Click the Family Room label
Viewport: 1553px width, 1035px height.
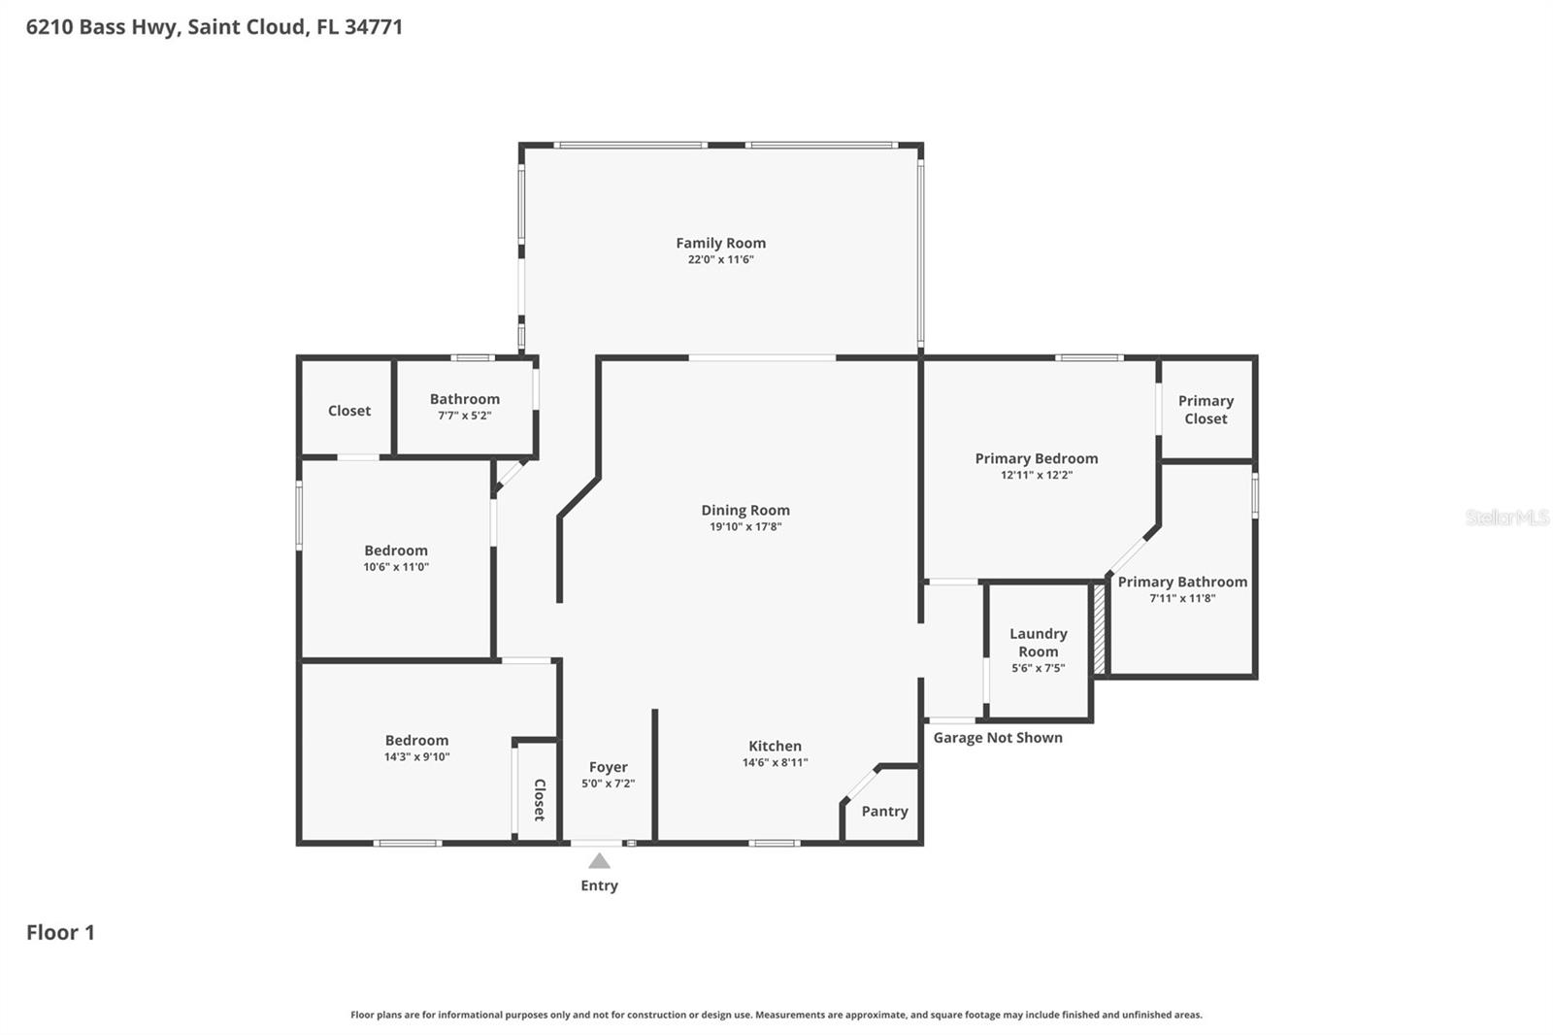[x=720, y=243]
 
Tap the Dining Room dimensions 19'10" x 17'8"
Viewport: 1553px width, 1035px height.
[x=745, y=527]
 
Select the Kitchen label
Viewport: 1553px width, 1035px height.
[x=775, y=746]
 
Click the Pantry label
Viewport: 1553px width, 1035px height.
[x=884, y=811]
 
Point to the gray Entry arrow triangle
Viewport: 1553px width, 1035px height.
[x=599, y=861]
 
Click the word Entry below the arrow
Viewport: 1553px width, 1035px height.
[x=599, y=885]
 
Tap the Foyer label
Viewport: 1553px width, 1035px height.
[x=608, y=767]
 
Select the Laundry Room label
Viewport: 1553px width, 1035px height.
[x=1038, y=642]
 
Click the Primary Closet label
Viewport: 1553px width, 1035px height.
[x=1206, y=410]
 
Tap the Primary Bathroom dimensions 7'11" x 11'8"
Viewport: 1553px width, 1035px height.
[x=1182, y=598]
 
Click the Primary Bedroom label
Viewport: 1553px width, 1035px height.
[x=1037, y=458]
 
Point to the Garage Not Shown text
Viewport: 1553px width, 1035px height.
[x=998, y=738]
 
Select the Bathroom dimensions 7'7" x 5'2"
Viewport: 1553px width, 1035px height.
[x=464, y=416]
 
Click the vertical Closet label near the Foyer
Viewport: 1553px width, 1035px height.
[x=540, y=800]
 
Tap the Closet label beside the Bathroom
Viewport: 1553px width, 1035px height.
[x=348, y=411]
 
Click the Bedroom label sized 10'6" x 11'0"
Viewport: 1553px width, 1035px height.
[x=396, y=551]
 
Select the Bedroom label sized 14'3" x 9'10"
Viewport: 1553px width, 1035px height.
[x=416, y=740]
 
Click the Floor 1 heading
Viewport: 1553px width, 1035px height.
[x=60, y=932]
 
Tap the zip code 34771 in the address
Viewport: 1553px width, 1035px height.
[x=374, y=26]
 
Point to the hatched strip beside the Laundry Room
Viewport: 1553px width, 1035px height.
[x=1100, y=627]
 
